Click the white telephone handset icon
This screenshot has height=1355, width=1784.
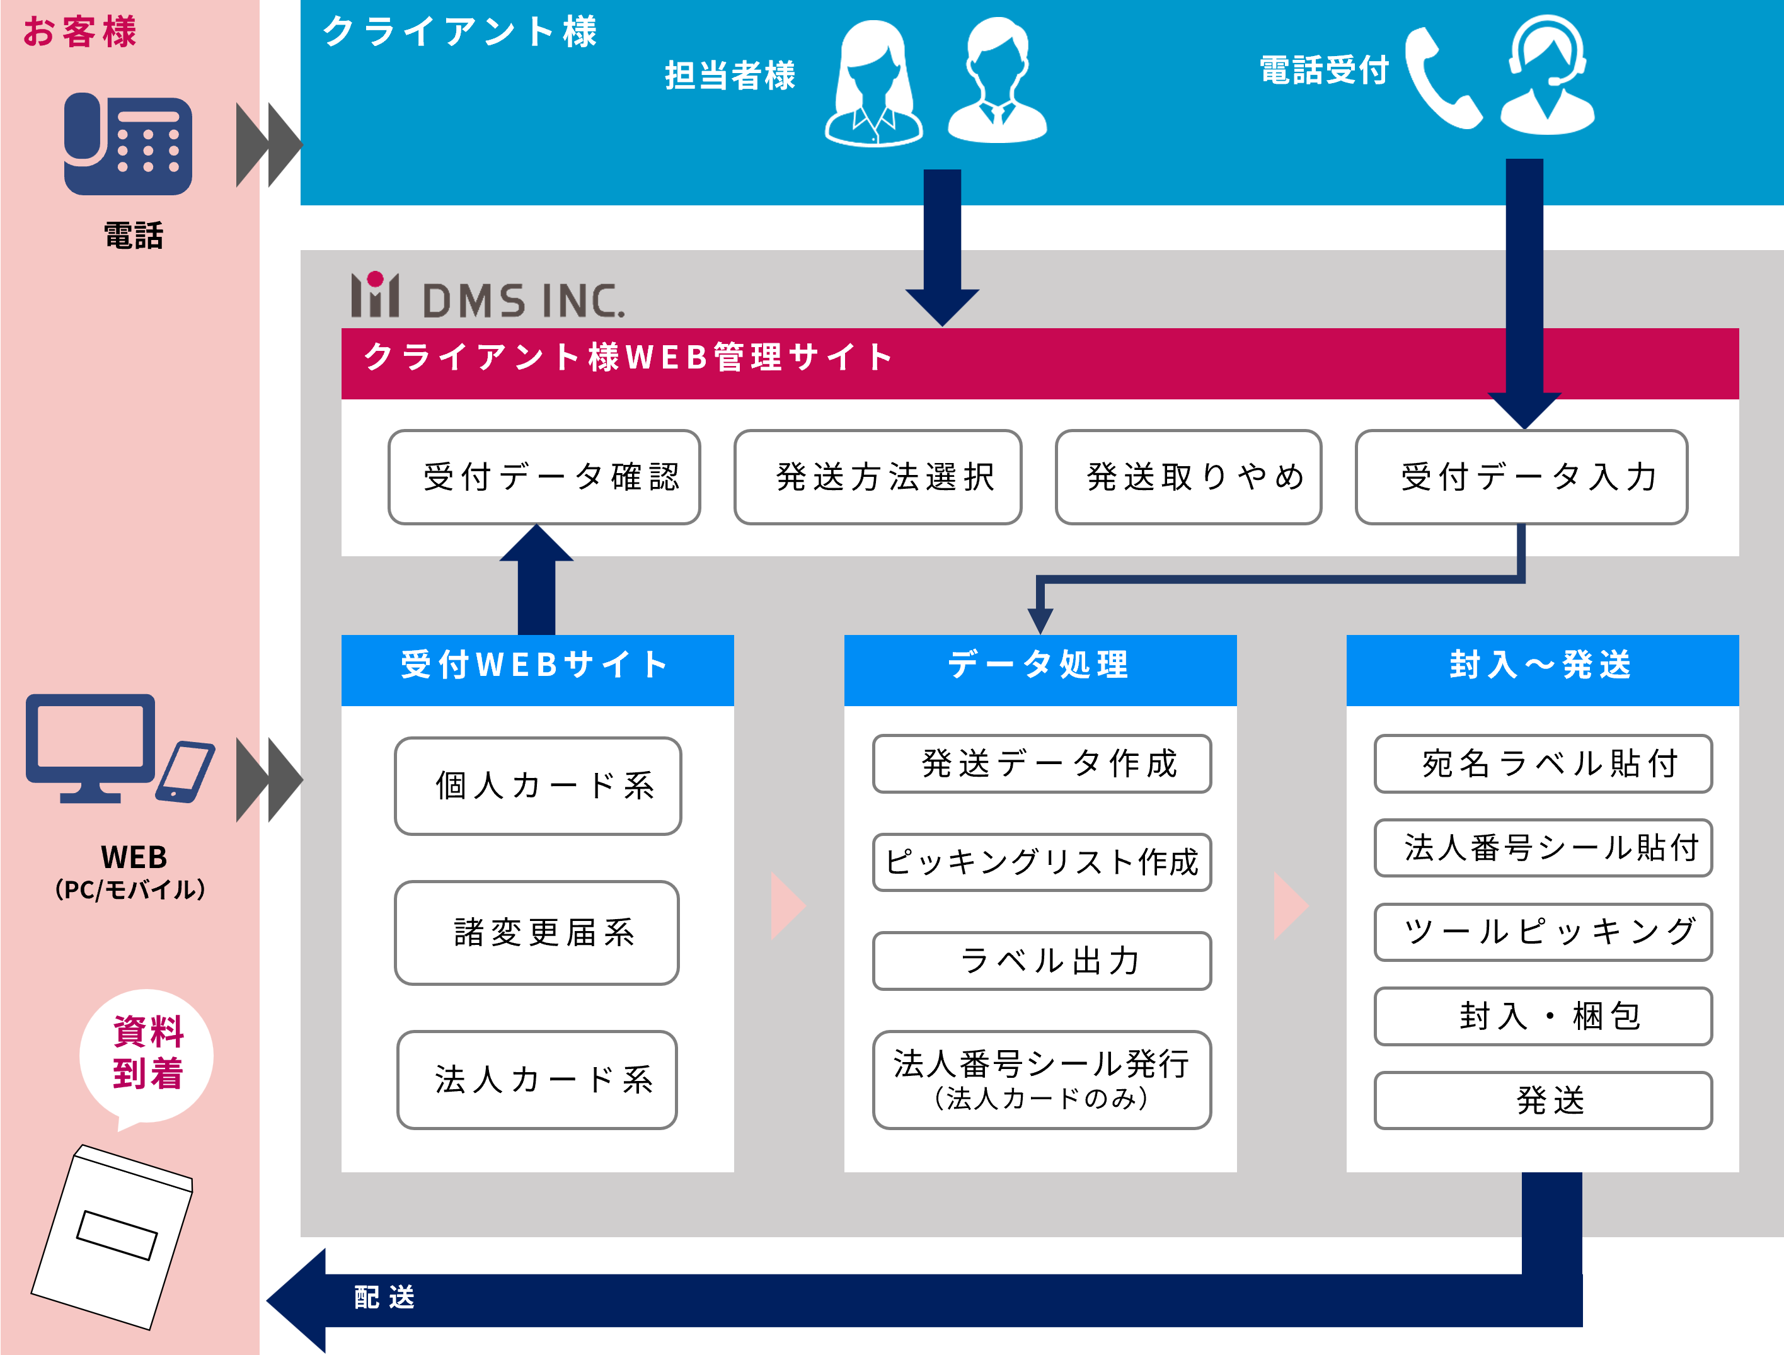pyautogui.click(x=1442, y=79)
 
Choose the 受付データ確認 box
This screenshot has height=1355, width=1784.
pyautogui.click(x=544, y=477)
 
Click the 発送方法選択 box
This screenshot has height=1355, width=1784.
pyautogui.click(x=878, y=477)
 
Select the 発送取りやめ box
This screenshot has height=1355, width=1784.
pyautogui.click(x=1188, y=477)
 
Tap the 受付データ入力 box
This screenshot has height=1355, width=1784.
pyautogui.click(x=1521, y=477)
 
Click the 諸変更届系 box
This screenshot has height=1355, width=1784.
pyautogui.click(x=536, y=933)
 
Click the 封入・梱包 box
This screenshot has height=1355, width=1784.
pyautogui.click(x=1543, y=1016)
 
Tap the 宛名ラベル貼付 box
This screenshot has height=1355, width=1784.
pyautogui.click(x=1543, y=763)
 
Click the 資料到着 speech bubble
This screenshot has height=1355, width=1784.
pyautogui.click(x=147, y=1053)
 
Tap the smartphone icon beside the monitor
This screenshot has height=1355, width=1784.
pyautogui.click(x=185, y=772)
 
